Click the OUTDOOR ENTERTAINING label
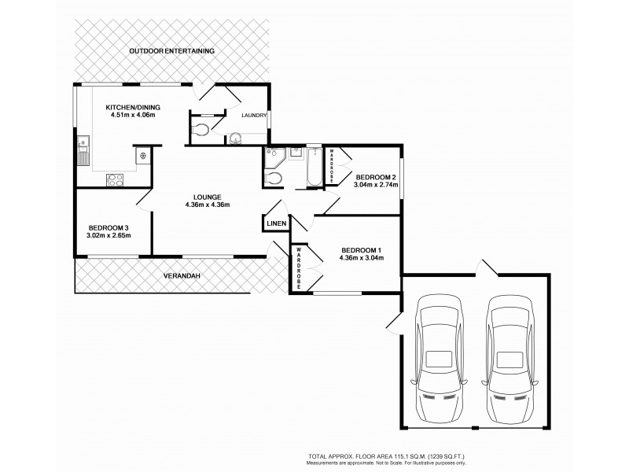pyautogui.click(x=173, y=51)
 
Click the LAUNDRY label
pyautogui.click(x=254, y=116)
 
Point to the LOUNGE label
pyautogui.click(x=208, y=197)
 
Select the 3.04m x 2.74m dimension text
pyautogui.click(x=376, y=186)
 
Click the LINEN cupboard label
pyautogui.click(x=276, y=223)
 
